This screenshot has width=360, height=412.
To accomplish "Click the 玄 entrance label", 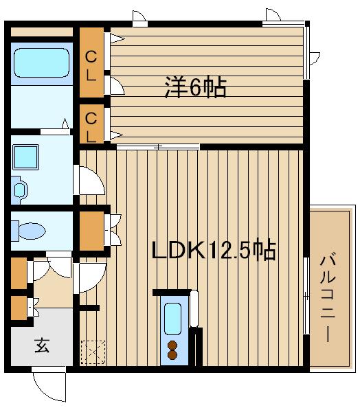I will pyautogui.click(x=42, y=345).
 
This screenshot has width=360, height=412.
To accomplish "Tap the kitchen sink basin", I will pyautogui.click(x=173, y=317).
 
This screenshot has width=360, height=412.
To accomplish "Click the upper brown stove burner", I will pyautogui.click(x=173, y=345).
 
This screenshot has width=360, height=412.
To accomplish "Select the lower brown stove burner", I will pyautogui.click(x=173, y=356).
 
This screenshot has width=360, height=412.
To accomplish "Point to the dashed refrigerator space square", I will pyautogui.click(x=91, y=352).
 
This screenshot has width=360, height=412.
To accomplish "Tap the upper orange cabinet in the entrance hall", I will pyautogui.click(x=19, y=273).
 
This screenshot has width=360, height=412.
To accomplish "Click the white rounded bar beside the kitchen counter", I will pyautogui.click(x=194, y=309).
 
